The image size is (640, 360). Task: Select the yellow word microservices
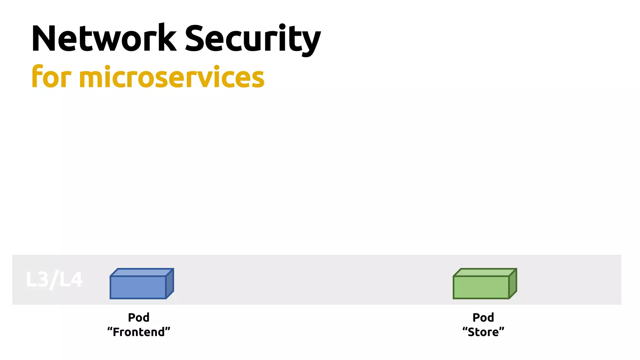[172, 77]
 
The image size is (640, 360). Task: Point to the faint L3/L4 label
[54, 279]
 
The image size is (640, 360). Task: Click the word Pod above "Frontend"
[139, 317]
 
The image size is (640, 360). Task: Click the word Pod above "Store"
[483, 317]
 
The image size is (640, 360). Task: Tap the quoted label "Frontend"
[139, 332]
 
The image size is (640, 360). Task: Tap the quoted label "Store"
[483, 332]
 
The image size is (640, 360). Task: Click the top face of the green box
[485, 272]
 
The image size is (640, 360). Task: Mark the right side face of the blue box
[170, 283]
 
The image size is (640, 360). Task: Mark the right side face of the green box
[513, 283]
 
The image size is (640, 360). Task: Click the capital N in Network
[44, 38]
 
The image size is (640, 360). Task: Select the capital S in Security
[196, 38]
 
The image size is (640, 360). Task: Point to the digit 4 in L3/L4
[76, 279]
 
